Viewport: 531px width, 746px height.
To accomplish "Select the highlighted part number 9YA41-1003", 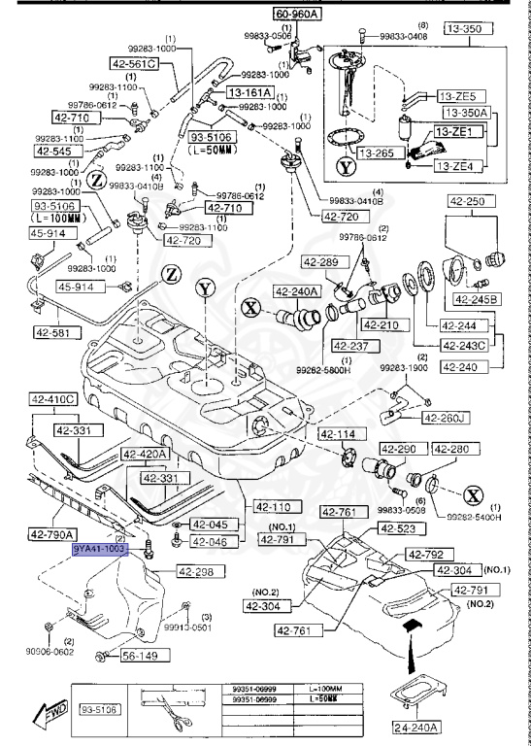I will coord(100,549).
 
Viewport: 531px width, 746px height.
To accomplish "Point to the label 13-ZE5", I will coord(454,96).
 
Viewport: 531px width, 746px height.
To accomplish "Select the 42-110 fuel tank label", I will coord(274,506).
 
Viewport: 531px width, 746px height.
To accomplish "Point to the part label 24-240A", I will coord(415,724).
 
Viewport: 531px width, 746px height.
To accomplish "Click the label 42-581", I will coord(55,331).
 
